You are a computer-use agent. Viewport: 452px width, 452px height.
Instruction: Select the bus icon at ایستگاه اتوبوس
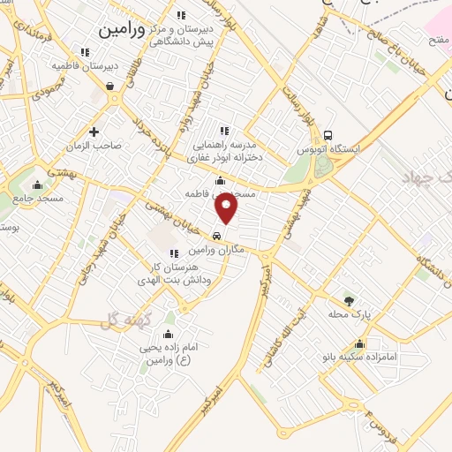coord(328,135)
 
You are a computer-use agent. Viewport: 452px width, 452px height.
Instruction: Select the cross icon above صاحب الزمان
coord(94,132)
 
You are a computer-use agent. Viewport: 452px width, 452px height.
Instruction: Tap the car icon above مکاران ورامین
coord(217,236)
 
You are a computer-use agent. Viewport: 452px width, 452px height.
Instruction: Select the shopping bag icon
coord(109,87)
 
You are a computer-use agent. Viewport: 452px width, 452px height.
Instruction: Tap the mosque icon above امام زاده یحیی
coord(168,335)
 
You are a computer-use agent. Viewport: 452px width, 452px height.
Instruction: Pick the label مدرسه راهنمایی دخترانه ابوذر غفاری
coord(225,151)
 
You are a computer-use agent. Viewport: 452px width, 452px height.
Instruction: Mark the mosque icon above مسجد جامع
coord(37,185)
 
